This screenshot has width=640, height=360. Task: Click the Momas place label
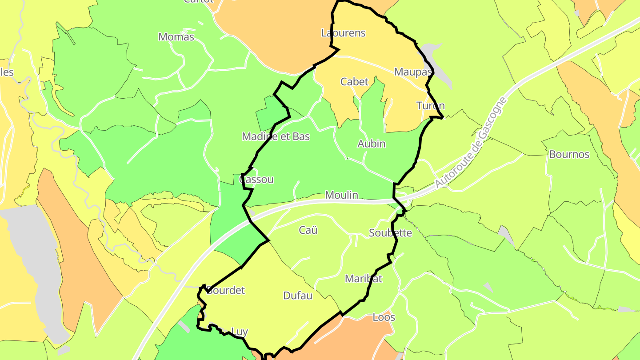coord(176,37)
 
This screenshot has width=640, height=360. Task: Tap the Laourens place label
coord(343,33)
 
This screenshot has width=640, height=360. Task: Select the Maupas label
coord(413,72)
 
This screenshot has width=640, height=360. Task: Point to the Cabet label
coord(354,82)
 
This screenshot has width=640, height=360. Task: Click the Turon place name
coord(430,106)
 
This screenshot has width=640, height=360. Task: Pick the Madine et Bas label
coord(276,136)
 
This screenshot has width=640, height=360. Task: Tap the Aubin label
coord(371,144)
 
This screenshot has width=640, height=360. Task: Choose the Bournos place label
coord(569,155)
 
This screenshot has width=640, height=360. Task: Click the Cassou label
coord(256,180)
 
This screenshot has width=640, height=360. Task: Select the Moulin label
coord(341,195)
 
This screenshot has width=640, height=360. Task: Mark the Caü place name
coord(308,230)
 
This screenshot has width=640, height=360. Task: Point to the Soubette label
coord(390,233)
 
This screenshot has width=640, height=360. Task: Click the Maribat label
coord(364,279)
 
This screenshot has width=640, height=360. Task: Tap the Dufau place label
coord(298,296)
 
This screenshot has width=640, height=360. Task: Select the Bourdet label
coord(226,291)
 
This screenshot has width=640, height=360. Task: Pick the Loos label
coord(384,318)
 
